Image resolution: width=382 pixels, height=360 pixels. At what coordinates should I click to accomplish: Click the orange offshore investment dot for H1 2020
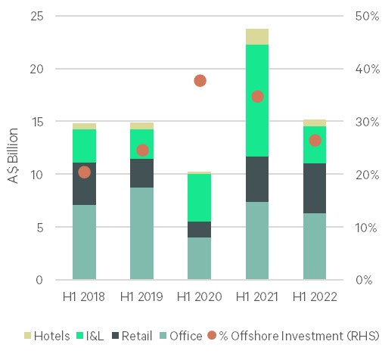(200, 80)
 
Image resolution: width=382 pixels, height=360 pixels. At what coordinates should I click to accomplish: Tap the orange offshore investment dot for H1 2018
(84, 172)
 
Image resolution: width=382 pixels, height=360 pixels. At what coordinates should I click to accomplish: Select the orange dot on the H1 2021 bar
(257, 96)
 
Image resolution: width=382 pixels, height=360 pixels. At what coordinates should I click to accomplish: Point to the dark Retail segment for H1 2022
(315, 188)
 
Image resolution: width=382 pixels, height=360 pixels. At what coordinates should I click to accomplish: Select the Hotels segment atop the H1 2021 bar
(257, 36)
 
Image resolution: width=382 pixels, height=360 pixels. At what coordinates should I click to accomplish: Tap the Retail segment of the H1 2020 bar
(200, 229)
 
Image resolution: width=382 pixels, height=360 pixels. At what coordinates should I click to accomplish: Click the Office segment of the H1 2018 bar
(84, 242)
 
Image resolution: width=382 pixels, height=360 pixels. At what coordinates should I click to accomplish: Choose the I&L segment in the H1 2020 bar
(200, 197)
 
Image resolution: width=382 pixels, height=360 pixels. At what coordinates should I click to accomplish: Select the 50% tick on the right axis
(365, 16)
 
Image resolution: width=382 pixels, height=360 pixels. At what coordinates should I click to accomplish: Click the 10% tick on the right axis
(365, 227)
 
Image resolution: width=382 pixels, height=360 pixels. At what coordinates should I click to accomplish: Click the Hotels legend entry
(49, 335)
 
